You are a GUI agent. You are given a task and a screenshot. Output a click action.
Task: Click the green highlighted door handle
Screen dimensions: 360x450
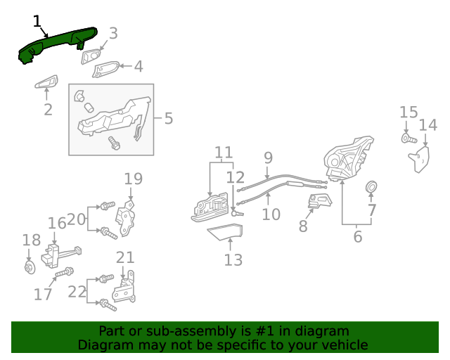pyautogui.click(x=56, y=44)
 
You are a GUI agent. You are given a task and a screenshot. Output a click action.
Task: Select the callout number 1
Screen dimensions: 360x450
pyautogui.click(x=37, y=21)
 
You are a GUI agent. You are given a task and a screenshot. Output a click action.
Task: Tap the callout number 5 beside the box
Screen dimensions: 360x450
pyautogui.click(x=168, y=118)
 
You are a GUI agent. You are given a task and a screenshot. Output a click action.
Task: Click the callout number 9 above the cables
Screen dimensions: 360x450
pyautogui.click(x=268, y=157)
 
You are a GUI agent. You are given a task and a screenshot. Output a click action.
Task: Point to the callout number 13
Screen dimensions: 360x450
pyautogui.click(x=233, y=260)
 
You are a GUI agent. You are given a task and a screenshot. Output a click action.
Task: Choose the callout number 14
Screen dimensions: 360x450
pyautogui.click(x=427, y=126)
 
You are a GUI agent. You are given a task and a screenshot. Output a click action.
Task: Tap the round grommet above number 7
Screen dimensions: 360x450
pyautogui.click(x=371, y=187)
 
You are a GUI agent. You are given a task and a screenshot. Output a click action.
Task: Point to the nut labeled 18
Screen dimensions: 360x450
pyautogui.click(x=29, y=267)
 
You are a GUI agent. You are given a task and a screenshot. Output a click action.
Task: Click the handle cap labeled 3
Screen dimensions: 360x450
pyautogui.click(x=91, y=56)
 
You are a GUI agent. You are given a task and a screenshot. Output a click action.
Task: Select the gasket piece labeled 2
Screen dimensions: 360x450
pyautogui.click(x=46, y=83)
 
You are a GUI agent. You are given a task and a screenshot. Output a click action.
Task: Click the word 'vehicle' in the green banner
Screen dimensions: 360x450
pyautogui.click(x=343, y=345)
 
